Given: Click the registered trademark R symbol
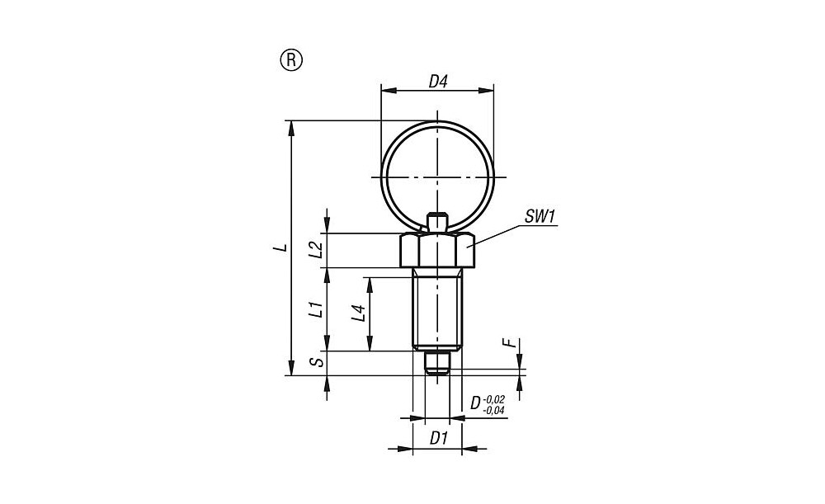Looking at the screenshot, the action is click(x=291, y=60).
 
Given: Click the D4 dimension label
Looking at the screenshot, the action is click(x=437, y=82).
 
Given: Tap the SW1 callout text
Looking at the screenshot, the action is click(x=540, y=216).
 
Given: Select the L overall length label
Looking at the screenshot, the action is click(x=282, y=247).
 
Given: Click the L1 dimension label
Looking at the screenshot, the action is click(x=315, y=309).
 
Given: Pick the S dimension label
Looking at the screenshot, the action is click(x=315, y=362).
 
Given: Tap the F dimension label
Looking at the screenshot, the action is click(x=509, y=343).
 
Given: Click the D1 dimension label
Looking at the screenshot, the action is click(x=438, y=438).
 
